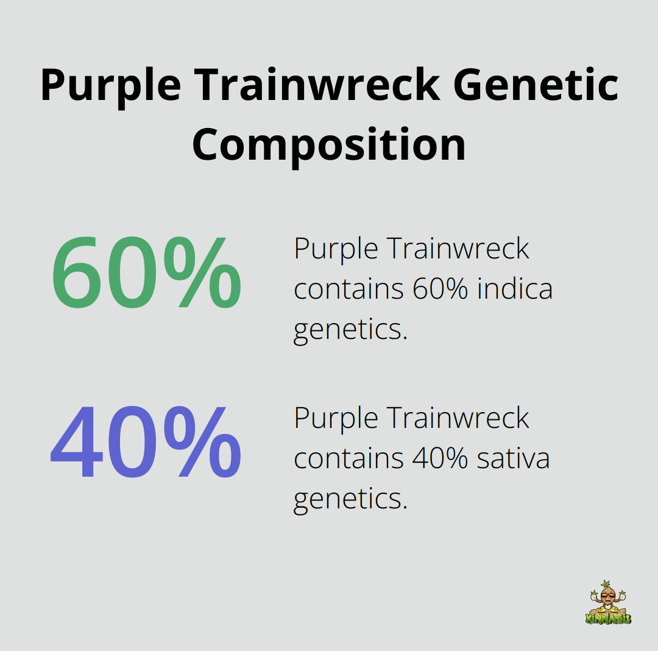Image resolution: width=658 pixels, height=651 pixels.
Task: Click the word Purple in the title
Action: point(110,85)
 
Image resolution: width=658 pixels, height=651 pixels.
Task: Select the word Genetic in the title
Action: point(536,85)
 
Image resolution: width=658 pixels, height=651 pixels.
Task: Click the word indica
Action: point(515,289)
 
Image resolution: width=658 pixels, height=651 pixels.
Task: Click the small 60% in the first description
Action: point(440,289)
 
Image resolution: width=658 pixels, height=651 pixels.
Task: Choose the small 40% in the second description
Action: point(440,458)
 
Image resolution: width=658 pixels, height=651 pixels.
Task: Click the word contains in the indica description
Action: point(348,289)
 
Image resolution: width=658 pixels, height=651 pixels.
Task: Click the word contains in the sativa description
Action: point(348,458)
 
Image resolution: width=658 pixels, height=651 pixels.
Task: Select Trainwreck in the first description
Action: point(458,249)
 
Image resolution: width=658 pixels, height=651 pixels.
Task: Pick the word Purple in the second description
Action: point(336,418)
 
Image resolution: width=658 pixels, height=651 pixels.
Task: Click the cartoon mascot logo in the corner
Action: point(608,603)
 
